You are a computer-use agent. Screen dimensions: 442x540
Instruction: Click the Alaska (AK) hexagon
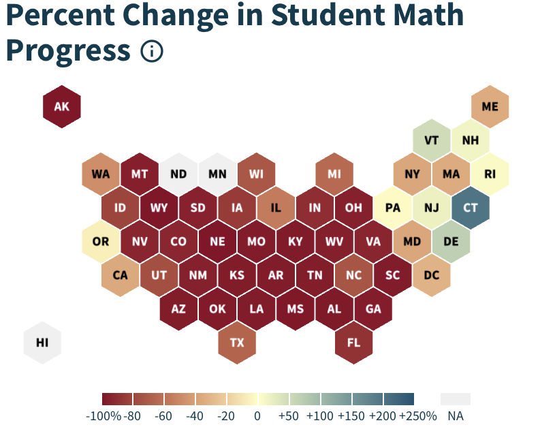[61, 106]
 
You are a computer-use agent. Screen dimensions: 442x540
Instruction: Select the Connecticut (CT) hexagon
[471, 207]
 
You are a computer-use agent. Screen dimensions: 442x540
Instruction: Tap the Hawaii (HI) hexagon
[42, 343]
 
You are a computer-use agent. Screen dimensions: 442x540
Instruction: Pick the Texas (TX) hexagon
[237, 343]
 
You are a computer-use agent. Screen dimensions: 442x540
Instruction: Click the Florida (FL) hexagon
[353, 343]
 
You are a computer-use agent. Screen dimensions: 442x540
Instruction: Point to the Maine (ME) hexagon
[490, 106]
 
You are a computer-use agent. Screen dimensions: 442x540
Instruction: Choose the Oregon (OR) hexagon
[101, 241]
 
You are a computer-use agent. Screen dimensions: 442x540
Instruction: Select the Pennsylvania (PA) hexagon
[393, 207]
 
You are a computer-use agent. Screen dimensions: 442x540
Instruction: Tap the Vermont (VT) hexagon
[431, 140]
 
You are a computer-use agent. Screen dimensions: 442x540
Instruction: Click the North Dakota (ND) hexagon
[178, 174]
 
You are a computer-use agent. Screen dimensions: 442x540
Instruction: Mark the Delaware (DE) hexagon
[451, 241]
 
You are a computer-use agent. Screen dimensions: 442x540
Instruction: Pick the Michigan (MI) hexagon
[334, 174]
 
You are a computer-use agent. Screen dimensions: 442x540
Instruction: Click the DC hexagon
[431, 275]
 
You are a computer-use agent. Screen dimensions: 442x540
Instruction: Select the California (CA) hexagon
[120, 275]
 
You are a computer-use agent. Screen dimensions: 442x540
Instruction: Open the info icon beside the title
[152, 50]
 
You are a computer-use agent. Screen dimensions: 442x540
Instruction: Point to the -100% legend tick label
[104, 415]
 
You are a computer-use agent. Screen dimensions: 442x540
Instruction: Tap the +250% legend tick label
[417, 415]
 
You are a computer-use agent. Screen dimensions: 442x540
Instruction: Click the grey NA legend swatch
[455, 399]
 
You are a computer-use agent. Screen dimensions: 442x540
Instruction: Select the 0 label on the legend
[257, 415]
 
